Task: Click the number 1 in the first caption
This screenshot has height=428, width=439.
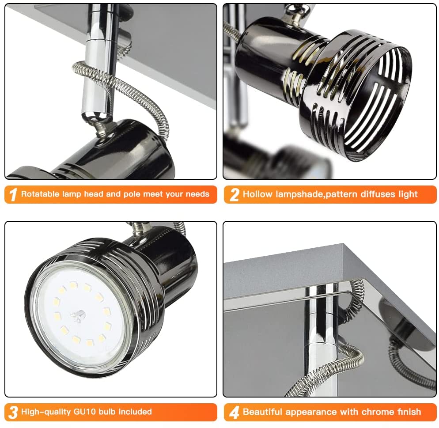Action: pyautogui.click(x=13, y=194)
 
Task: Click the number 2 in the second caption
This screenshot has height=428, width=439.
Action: pyautogui.click(x=234, y=194)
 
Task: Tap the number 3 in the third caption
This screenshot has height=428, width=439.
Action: pyautogui.click(x=13, y=412)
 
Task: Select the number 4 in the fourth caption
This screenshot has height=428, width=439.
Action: pyautogui.click(x=234, y=412)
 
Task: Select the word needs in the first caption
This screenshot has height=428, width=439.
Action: pyautogui.click(x=197, y=194)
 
